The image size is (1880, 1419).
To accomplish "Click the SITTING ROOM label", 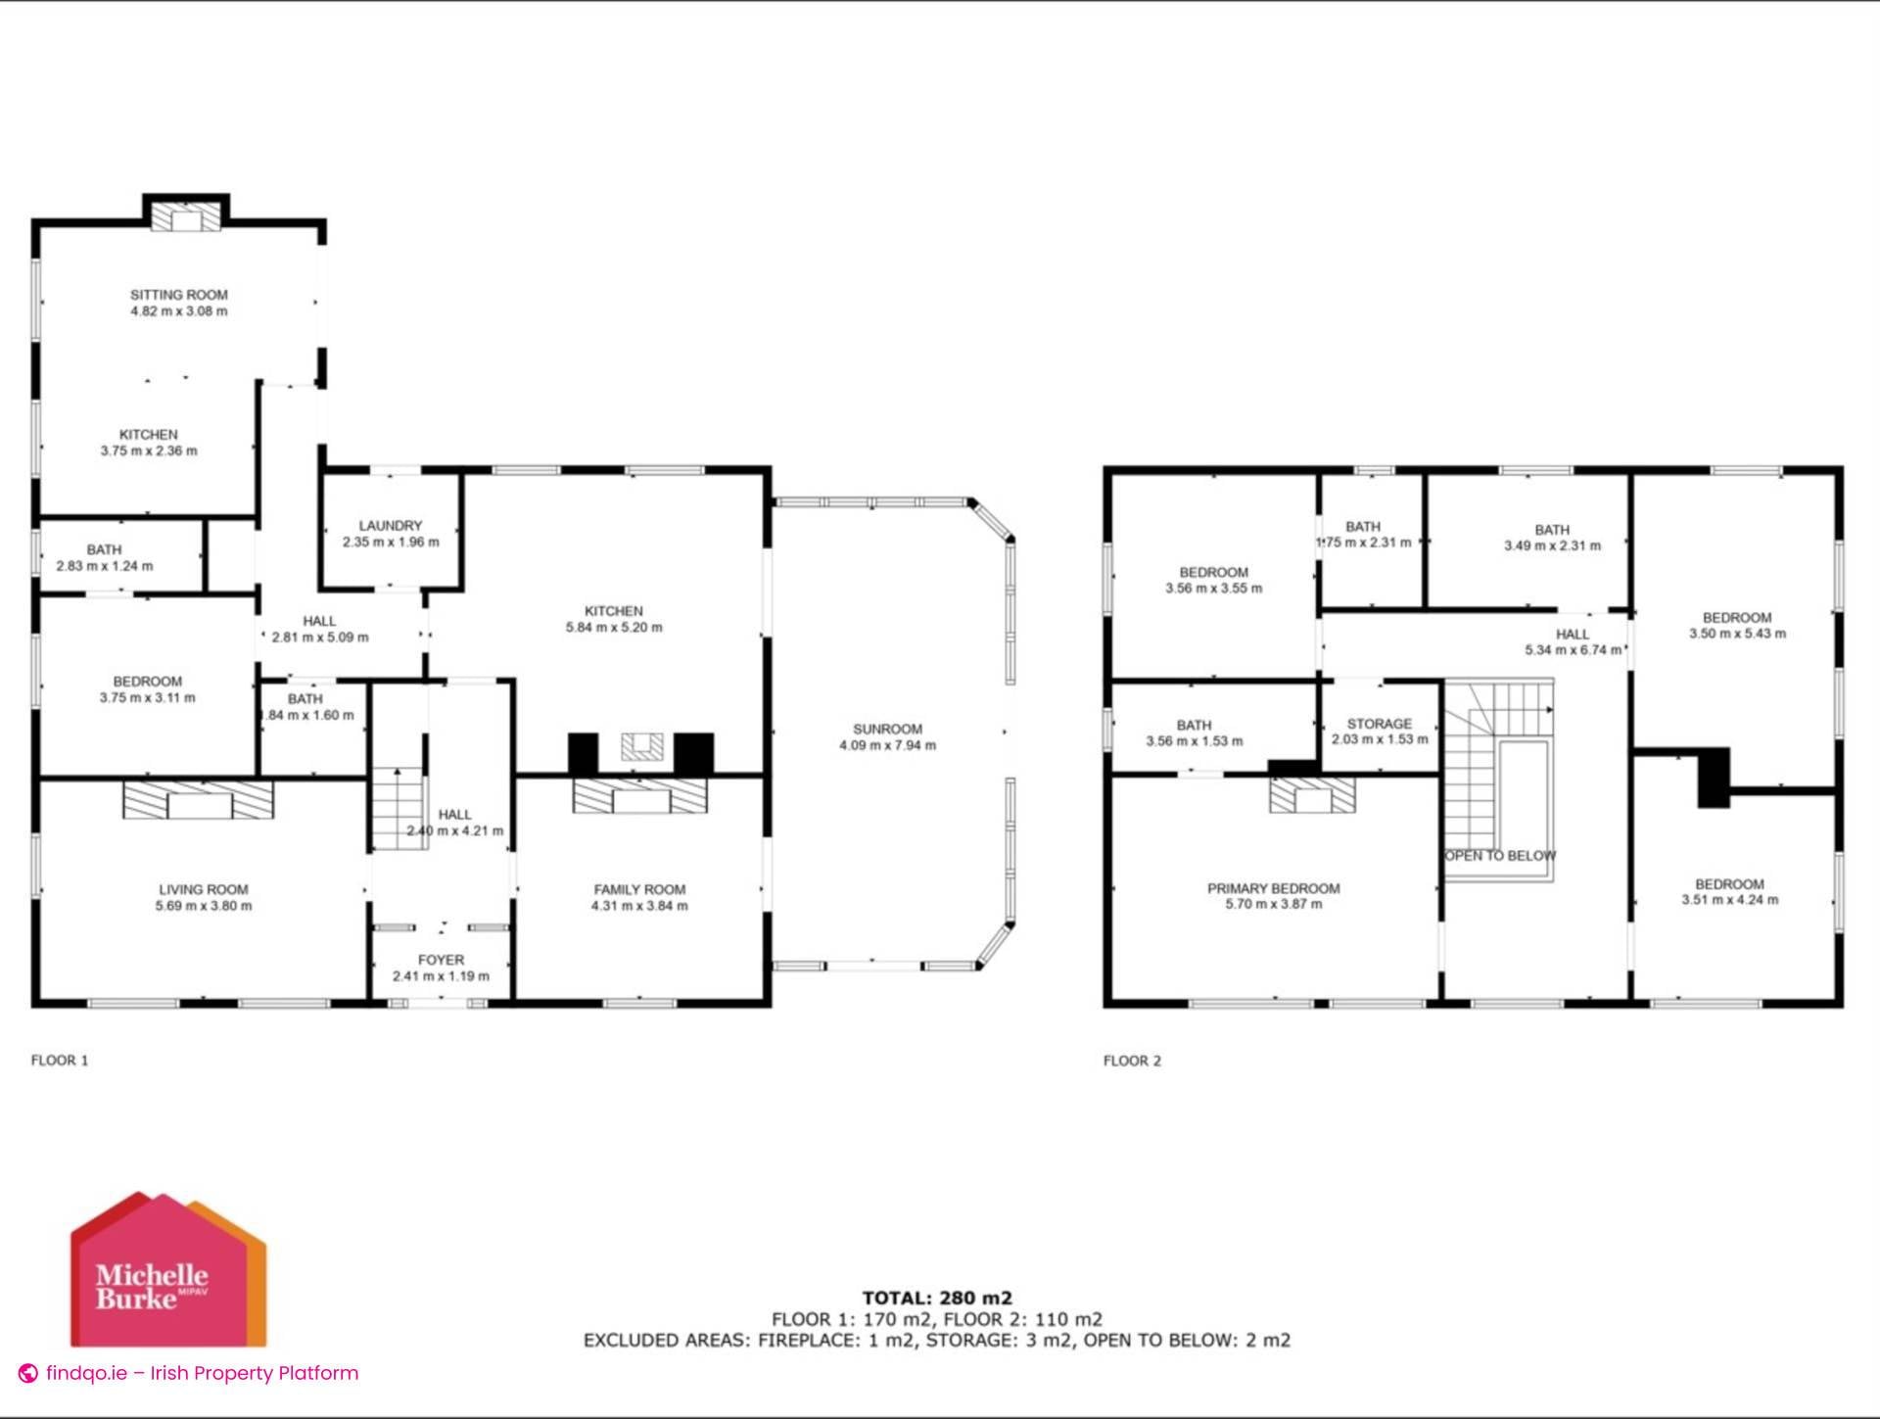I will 179,294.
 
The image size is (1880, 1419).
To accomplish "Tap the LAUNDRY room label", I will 390,526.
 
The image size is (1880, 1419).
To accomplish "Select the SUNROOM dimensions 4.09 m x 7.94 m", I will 887,745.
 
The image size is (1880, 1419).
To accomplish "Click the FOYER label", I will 441,960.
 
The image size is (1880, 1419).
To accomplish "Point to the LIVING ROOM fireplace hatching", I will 198,799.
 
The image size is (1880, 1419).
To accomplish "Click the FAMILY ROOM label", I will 639,889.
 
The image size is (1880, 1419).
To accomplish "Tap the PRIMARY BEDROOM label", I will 1273,888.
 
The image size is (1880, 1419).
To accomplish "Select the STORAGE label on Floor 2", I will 1379,724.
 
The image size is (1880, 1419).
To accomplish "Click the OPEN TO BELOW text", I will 1499,856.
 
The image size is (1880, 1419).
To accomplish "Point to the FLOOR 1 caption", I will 60,1060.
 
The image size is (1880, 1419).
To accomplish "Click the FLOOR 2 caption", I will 1132,1061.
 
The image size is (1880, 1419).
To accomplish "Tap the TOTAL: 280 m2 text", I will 937,1299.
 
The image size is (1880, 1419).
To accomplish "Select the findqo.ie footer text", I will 201,1373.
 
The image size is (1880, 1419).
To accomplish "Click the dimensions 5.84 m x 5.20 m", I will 614,628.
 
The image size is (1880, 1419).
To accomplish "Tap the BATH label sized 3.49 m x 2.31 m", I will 1552,530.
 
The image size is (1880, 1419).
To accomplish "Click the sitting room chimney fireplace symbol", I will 186,217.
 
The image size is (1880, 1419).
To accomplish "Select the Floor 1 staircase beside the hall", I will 399,808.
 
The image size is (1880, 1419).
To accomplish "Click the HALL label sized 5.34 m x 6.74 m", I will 1573,635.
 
